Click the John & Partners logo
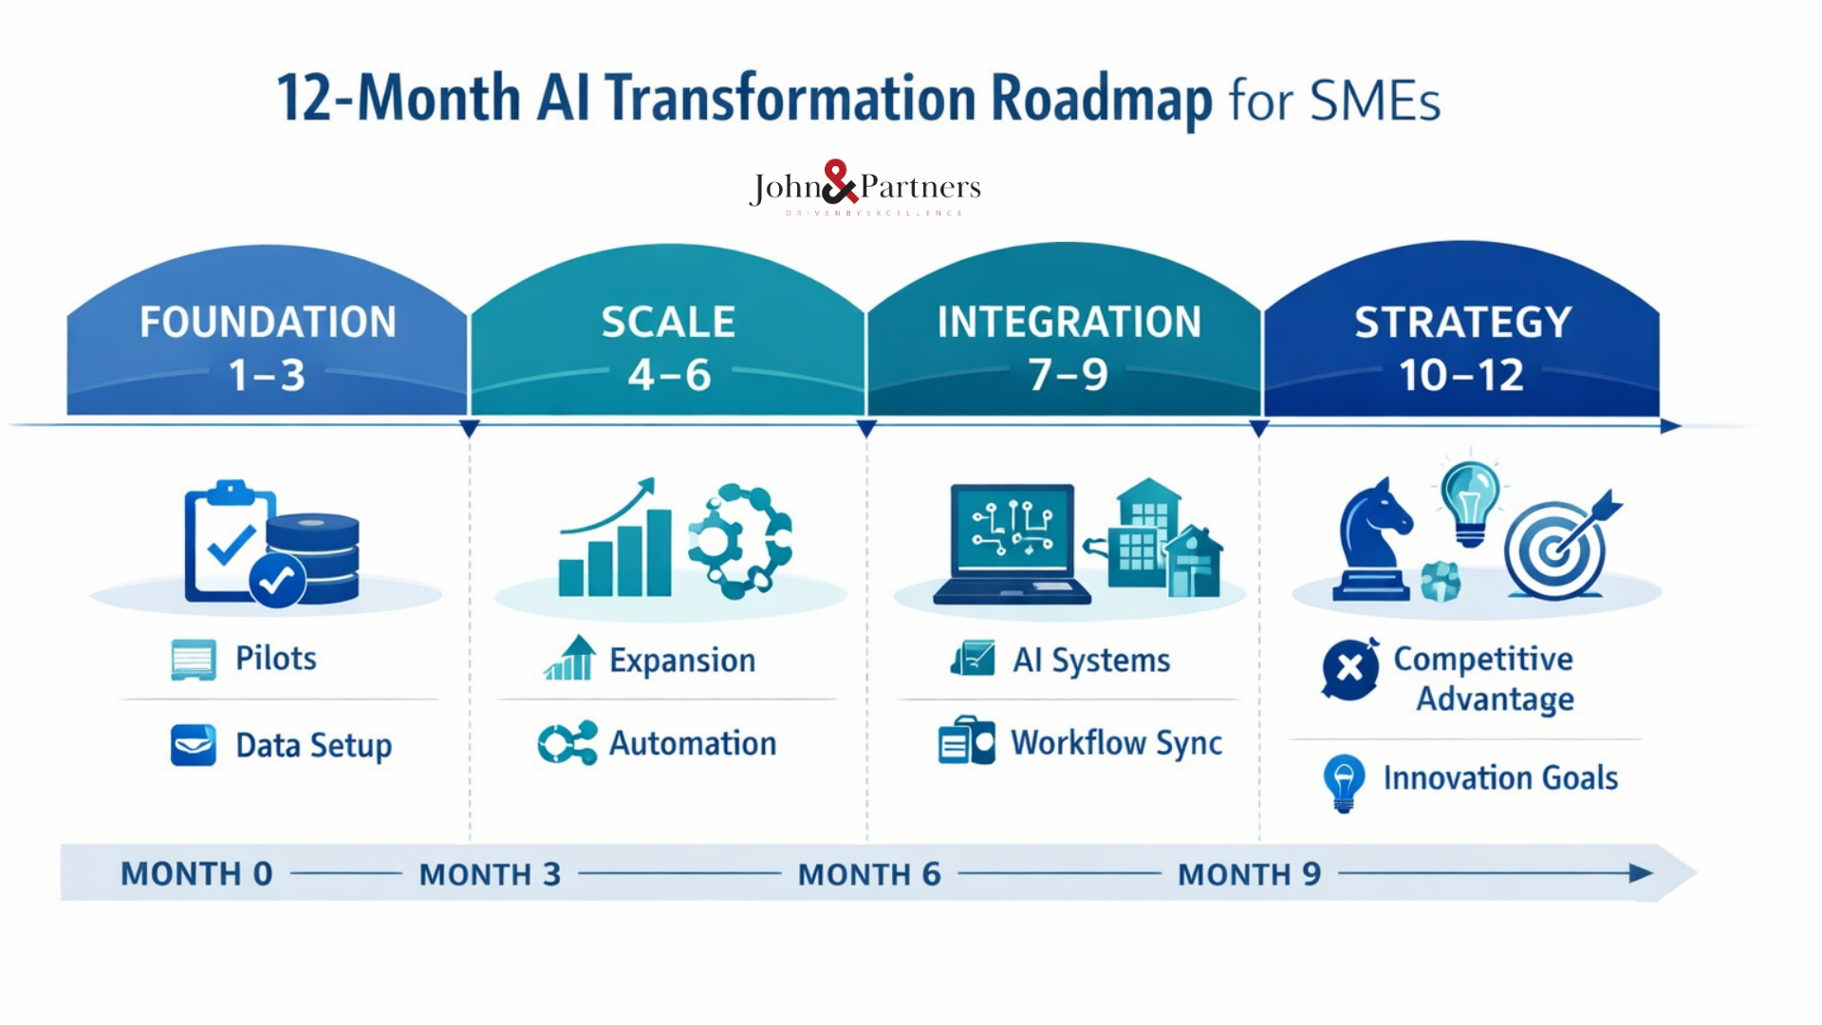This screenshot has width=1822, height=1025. click(864, 188)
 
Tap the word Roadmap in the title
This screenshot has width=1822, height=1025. click(1101, 99)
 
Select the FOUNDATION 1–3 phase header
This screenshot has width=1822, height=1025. click(268, 347)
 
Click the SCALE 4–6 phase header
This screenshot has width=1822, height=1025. click(668, 347)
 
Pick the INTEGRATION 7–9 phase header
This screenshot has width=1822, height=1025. click(1069, 347)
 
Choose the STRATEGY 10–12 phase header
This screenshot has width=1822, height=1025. click(1461, 347)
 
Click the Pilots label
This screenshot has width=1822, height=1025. click(275, 659)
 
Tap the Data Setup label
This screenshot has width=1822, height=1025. click(313, 746)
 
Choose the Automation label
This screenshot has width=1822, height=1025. click(692, 744)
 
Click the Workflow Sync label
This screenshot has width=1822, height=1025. click(1116, 744)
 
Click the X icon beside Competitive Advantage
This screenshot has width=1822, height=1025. click(1349, 669)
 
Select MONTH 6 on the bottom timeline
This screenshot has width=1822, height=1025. click(868, 874)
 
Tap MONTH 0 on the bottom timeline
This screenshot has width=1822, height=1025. click(196, 874)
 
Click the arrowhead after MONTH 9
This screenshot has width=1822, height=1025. click(1640, 873)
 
